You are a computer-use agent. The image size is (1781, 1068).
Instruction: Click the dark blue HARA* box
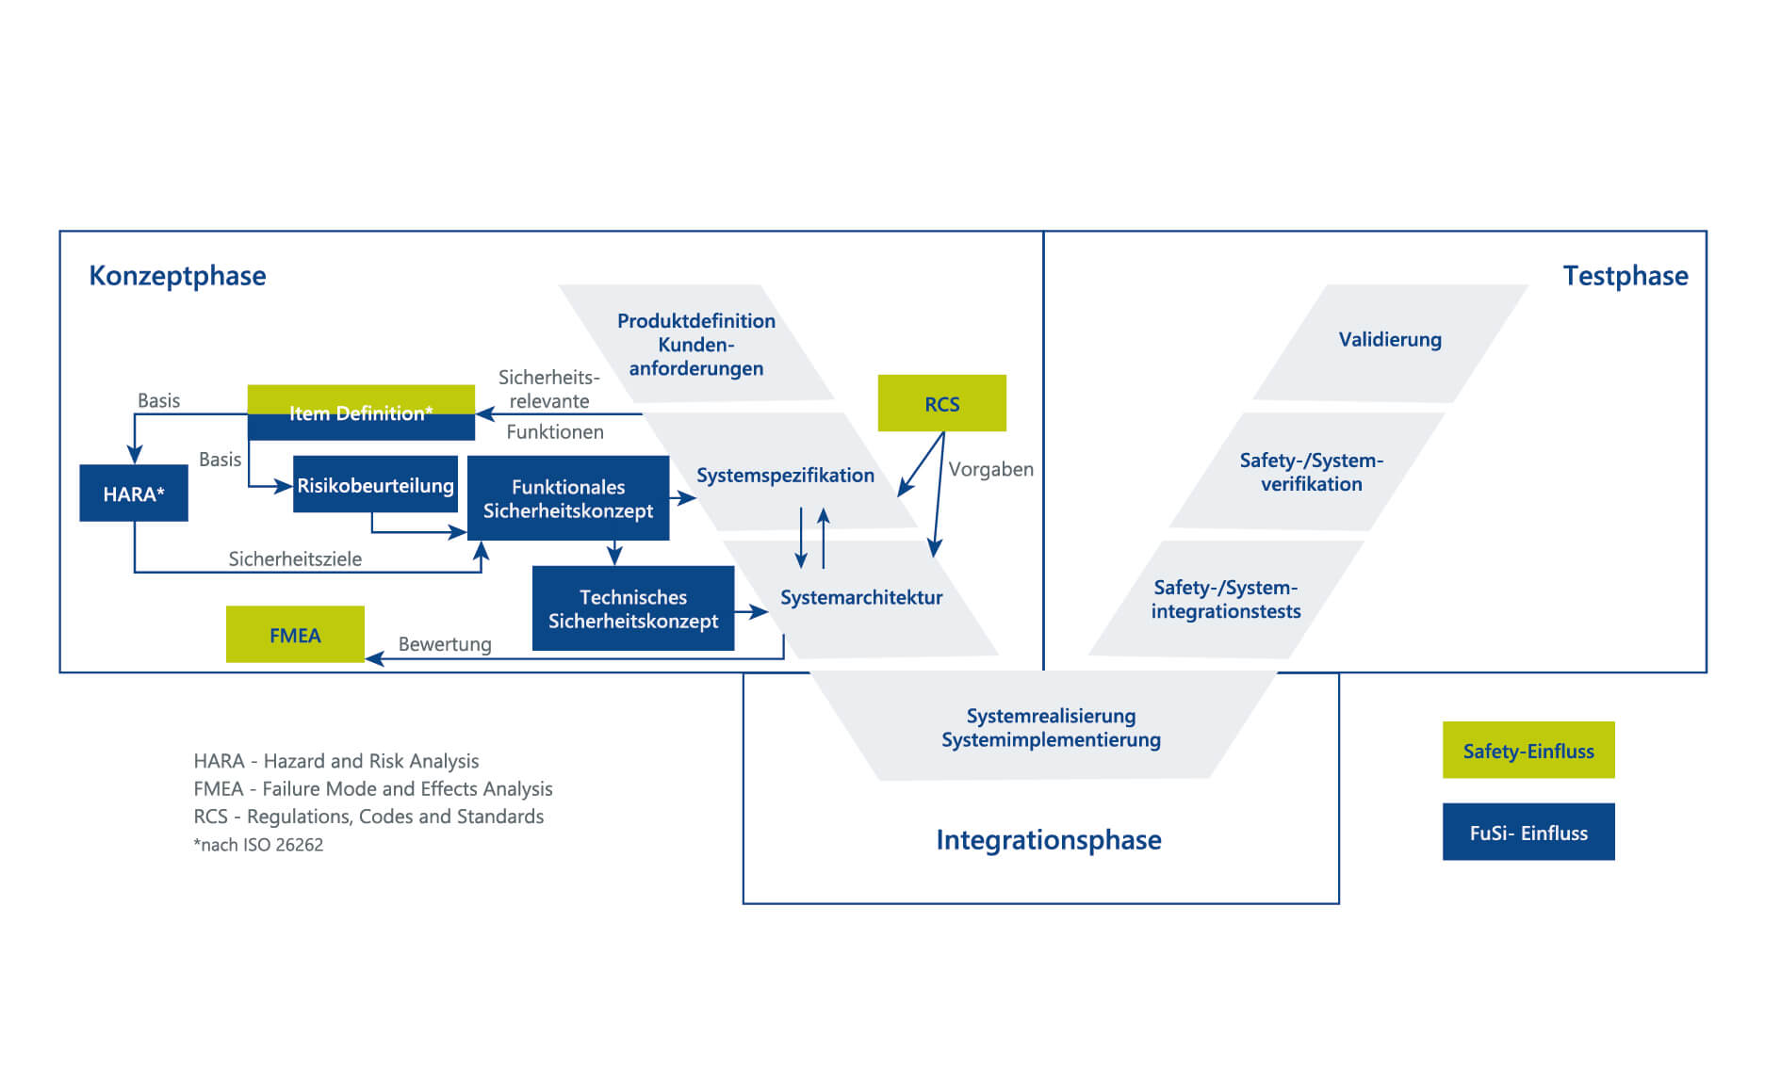point(134,493)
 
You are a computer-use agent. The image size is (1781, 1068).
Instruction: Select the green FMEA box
point(295,634)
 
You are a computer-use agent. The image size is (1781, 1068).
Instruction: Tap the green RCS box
point(941,403)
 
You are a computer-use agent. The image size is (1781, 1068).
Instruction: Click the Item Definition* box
point(361,413)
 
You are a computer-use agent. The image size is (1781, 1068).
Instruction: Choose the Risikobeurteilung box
point(375,484)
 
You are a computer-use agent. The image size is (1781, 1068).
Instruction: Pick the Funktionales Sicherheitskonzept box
point(568,498)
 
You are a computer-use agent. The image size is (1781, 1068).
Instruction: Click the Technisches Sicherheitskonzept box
point(633,608)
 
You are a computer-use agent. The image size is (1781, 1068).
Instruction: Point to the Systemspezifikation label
point(785,475)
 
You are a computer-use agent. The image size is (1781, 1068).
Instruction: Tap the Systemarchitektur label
point(861,597)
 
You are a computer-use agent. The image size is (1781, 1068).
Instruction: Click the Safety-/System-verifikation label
point(1312,472)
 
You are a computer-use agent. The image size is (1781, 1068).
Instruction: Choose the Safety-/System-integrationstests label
point(1226,599)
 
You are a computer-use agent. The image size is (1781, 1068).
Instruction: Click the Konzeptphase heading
point(177,276)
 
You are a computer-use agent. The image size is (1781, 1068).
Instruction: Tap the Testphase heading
point(1626,276)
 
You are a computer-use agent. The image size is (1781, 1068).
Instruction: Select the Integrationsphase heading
point(1049,840)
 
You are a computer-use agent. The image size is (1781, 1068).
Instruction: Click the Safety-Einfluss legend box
point(1528,750)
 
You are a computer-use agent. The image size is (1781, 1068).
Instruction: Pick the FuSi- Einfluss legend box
point(1528,832)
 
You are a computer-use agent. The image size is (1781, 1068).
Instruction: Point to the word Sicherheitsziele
point(295,558)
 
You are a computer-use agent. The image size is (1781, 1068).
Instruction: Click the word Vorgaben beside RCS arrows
point(991,469)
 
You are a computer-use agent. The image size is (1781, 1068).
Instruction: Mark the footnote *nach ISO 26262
point(258,845)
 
